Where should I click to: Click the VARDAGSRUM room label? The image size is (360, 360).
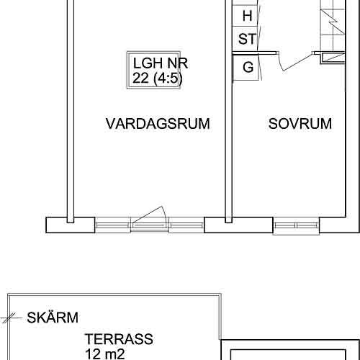coord(158,124)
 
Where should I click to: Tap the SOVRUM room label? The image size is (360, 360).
coord(300,124)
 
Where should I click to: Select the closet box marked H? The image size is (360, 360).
coord(247,14)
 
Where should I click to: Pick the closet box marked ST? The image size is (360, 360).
coord(247,39)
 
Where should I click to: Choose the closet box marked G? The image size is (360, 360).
coord(247,68)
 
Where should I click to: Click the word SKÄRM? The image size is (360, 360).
coord(53,318)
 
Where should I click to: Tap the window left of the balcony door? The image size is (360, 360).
coord(113,225)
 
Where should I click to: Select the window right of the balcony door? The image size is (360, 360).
coord(186,225)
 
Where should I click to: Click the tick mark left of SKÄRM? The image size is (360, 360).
coord(9,317)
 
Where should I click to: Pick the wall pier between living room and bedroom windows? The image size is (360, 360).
coord(239,225)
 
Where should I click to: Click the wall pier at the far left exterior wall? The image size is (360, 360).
coord(71,225)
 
